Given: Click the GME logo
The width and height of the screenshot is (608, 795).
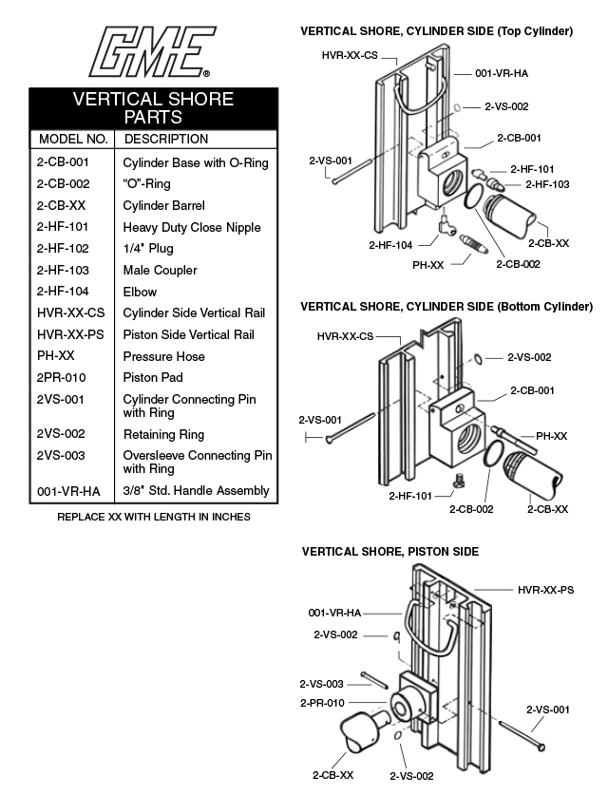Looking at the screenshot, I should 151,51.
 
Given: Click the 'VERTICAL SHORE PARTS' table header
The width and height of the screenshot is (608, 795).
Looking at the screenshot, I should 153,108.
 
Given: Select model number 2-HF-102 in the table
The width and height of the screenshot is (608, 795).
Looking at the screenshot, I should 63,249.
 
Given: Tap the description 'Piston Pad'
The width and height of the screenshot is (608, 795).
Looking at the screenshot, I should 152,378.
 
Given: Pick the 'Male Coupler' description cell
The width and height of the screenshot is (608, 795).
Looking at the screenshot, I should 160,271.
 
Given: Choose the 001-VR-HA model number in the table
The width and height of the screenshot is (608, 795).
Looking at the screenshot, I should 67,491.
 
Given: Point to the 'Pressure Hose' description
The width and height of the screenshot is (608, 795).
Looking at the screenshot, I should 163,357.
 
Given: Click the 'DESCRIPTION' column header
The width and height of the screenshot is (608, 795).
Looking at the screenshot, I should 166,140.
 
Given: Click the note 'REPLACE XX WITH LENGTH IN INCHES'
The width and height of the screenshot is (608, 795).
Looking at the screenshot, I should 154,518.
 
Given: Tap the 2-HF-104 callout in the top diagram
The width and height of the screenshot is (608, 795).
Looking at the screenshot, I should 390,245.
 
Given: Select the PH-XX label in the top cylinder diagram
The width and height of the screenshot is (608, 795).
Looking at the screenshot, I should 427,265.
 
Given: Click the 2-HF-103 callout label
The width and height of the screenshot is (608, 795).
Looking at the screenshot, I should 547,184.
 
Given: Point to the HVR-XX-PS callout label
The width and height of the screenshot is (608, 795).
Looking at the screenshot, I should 545,590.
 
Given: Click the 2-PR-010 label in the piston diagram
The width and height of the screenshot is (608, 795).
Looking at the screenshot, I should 321,704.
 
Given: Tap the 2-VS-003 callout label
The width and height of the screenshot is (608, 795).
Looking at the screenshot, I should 321,684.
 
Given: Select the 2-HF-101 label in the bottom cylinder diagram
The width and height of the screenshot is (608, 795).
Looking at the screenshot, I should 410,496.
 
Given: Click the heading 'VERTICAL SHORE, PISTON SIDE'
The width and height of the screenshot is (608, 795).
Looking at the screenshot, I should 390,552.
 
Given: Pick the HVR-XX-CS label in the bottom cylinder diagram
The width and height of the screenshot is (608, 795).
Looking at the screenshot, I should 344,336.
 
